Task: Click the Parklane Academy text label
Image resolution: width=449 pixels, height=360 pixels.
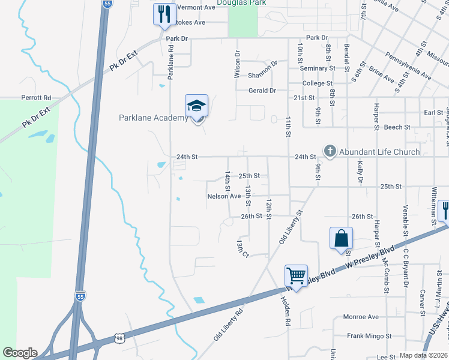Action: coord(154,118)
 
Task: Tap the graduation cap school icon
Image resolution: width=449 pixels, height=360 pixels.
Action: coord(196,106)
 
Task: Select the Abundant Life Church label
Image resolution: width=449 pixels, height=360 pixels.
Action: coord(379,152)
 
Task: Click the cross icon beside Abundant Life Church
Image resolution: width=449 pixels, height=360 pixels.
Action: coord(329,151)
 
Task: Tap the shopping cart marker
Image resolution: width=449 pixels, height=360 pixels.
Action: coord(296,277)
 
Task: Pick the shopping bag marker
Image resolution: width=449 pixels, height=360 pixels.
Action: coord(341,238)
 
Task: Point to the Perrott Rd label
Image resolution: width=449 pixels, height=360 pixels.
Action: coord(37,97)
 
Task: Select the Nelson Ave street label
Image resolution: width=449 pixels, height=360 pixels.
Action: coord(224,196)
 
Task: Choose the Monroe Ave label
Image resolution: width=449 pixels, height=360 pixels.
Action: coord(360,317)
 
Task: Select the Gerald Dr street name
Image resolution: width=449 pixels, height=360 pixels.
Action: coord(262,91)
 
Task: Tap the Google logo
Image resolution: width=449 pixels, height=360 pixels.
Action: coord(20,353)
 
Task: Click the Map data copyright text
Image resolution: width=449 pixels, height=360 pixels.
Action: coord(423,355)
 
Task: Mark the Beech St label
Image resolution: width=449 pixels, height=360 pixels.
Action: coord(397,127)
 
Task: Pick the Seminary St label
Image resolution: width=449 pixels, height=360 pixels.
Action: coord(333,68)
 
